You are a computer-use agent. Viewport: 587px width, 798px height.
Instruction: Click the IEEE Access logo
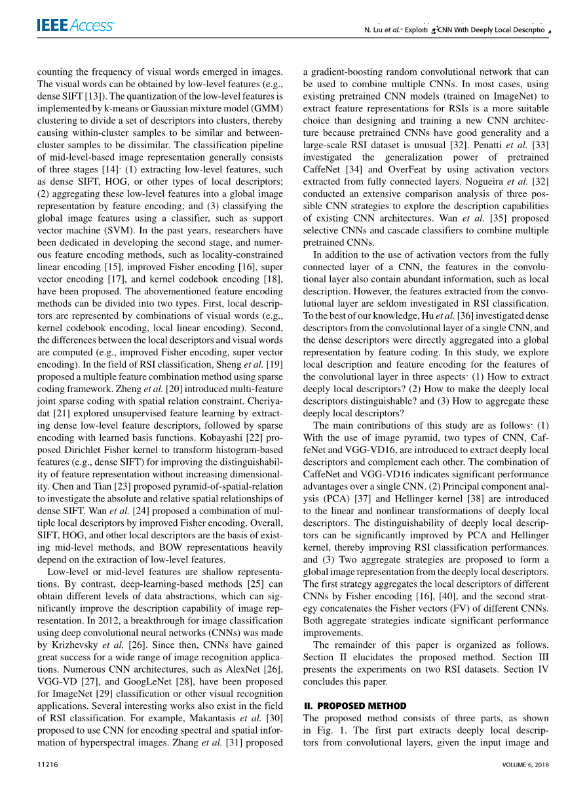point(75,26)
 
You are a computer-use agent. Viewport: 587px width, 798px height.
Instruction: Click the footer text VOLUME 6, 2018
point(525,765)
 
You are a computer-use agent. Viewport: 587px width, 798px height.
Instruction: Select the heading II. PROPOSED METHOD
point(354,706)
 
